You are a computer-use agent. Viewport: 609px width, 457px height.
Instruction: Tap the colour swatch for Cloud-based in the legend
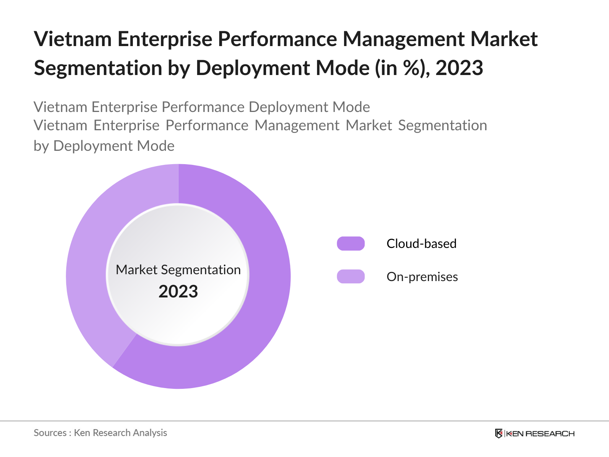click(x=351, y=243)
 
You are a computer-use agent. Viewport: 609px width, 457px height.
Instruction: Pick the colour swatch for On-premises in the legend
click(x=351, y=276)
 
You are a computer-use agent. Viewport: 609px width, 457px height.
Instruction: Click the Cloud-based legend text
click(x=421, y=244)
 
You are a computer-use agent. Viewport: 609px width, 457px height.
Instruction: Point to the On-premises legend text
click(x=422, y=277)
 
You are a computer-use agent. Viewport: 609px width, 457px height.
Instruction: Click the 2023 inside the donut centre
click(x=178, y=292)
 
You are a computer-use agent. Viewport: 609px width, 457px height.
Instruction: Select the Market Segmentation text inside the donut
click(x=178, y=270)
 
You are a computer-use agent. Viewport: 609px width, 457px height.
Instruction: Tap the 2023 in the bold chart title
click(x=459, y=68)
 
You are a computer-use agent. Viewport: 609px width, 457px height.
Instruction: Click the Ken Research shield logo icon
click(x=499, y=433)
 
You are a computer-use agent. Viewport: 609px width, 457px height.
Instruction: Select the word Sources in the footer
click(x=50, y=433)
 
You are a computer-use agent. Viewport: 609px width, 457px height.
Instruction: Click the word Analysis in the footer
click(x=150, y=433)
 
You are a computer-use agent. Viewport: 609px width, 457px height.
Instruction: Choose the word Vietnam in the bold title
click(x=73, y=39)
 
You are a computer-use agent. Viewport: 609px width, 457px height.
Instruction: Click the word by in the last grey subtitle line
click(x=41, y=146)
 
